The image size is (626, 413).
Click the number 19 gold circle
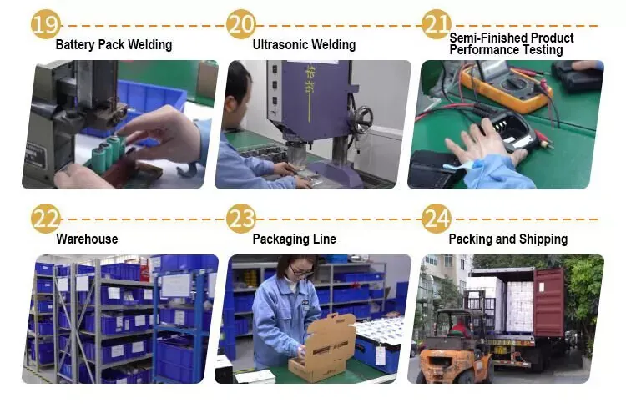point(46,25)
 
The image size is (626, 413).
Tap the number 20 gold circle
point(241,25)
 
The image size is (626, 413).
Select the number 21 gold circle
point(437,25)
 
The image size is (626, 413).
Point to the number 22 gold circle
point(46,219)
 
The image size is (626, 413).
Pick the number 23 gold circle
point(241,219)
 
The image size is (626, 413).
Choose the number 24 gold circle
point(437,219)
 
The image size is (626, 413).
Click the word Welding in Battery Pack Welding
point(150,45)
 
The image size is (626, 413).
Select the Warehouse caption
point(87,239)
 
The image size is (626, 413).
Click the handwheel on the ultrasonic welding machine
point(361,120)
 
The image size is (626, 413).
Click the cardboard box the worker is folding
point(323,347)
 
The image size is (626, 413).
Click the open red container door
point(549,302)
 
